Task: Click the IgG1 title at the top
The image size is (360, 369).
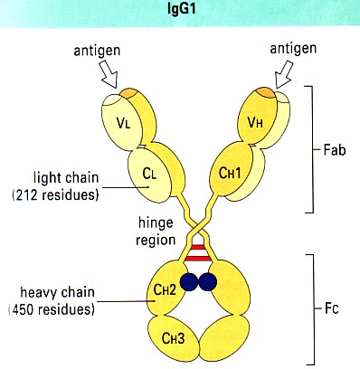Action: pos(182,9)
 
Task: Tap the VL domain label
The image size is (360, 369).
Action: pos(124,123)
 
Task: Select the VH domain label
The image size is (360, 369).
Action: pos(255,123)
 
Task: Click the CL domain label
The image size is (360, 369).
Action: pos(150,174)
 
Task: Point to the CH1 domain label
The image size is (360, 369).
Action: pos(230,174)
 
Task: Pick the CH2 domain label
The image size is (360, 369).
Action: pos(165,289)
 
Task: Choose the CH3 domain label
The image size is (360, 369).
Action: pos(173,338)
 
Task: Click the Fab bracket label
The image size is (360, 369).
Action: pos(335,150)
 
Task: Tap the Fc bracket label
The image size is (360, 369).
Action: pos(332,308)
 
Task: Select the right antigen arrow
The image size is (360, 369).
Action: pos(283,74)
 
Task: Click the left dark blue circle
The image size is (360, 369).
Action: pos(189,282)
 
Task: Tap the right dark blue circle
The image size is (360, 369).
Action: pos(208,282)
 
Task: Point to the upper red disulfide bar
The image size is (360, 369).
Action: pos(198,247)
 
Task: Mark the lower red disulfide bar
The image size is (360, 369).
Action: pos(198,259)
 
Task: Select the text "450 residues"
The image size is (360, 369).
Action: pos(52,309)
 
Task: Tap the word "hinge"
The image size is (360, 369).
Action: pos(156,224)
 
